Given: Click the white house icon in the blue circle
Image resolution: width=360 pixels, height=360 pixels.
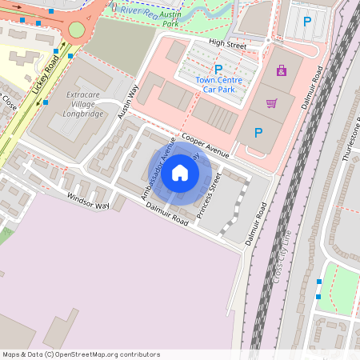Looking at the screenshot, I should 180,172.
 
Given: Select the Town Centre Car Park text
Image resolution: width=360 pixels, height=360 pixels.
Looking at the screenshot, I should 218,86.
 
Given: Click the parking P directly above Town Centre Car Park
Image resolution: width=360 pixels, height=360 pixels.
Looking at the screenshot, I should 218,70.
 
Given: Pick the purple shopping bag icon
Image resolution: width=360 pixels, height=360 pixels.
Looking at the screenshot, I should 281,71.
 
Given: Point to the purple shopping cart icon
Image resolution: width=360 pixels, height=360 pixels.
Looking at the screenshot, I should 272,103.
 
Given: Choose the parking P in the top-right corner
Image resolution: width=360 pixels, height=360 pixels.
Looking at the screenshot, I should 307,22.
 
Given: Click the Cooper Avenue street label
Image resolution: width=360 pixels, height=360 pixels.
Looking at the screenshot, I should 206,145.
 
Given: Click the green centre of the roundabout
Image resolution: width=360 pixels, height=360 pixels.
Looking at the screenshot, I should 76,30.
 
